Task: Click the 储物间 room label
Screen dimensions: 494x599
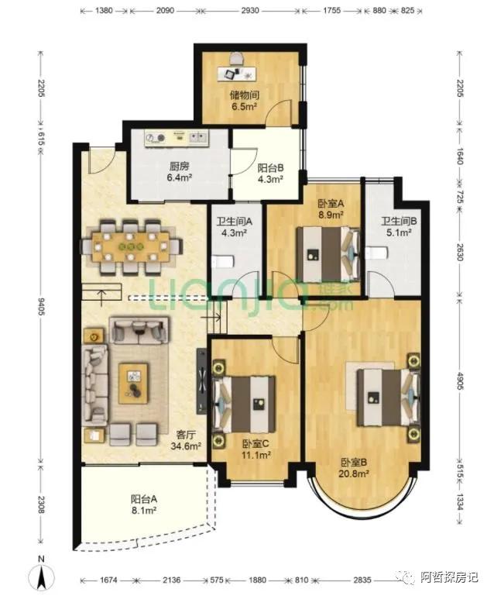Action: (x=245, y=95)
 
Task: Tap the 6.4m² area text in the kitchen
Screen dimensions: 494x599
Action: (x=179, y=177)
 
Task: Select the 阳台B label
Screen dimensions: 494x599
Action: (x=270, y=167)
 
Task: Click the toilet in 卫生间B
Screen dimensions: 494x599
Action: (x=376, y=253)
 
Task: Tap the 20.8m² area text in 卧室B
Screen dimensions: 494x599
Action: (x=355, y=473)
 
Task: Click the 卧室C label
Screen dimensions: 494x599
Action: (x=256, y=444)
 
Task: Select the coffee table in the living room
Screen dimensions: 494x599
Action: (x=133, y=384)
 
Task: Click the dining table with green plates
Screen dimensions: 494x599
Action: (x=131, y=246)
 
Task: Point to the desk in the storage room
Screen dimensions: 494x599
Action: (x=237, y=74)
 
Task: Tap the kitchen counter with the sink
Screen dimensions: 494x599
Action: (x=177, y=138)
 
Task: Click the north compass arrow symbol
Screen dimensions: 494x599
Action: (x=42, y=577)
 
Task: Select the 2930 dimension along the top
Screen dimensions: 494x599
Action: (x=250, y=10)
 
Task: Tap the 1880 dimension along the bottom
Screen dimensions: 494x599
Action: (x=257, y=580)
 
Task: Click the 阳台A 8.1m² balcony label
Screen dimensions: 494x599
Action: (x=144, y=504)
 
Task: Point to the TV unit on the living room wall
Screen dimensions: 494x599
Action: (x=201, y=380)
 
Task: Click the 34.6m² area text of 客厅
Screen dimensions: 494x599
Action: (x=186, y=446)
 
